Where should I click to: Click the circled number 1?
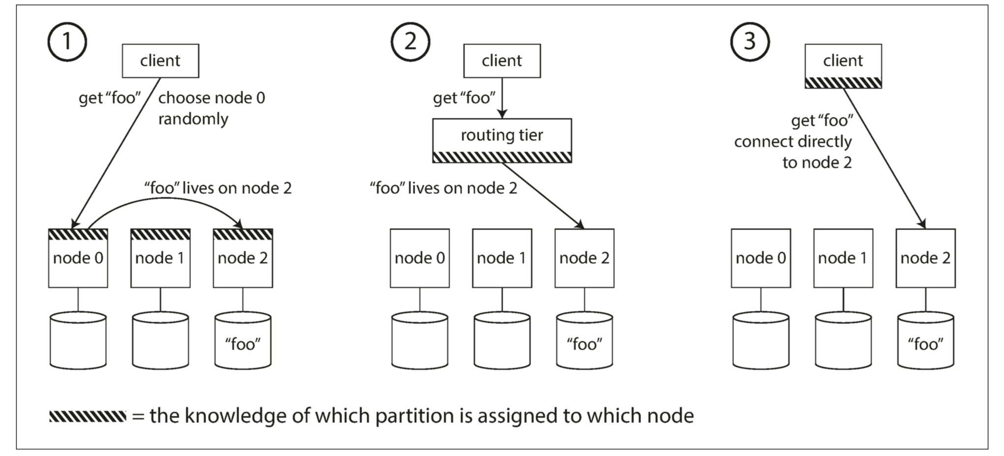point(67,42)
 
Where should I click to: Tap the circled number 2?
point(410,42)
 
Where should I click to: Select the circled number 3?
point(750,42)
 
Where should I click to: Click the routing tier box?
point(502,141)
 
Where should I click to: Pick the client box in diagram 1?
point(160,61)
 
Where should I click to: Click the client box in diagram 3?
point(843,66)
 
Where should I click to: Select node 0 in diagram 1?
point(78,258)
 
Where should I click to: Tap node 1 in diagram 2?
point(502,258)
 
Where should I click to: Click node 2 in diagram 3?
point(926,258)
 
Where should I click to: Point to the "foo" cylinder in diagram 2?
point(584,340)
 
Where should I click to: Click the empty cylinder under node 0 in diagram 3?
point(761,340)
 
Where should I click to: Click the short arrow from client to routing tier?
point(502,98)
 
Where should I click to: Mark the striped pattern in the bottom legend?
point(88,416)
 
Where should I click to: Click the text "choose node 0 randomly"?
point(212,108)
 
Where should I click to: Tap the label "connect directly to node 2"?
point(793,152)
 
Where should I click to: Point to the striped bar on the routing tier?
point(502,157)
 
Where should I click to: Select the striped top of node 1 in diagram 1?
point(160,234)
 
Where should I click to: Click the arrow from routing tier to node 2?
point(543,196)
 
